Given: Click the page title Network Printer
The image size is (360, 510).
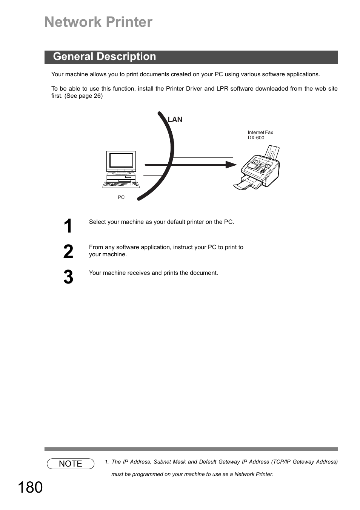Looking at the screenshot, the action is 98,22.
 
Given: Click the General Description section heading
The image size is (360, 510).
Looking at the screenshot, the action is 105,57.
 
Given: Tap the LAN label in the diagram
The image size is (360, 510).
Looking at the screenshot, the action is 175,120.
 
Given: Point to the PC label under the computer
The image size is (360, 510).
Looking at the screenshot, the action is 121,197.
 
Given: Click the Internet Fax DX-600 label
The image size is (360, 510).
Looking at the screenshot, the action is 260,135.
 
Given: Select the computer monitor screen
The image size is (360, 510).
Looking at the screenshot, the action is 121,160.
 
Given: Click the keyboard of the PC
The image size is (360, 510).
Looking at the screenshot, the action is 121,185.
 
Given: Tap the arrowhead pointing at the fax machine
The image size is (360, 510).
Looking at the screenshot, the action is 231,165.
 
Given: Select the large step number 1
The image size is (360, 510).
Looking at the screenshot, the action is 68,226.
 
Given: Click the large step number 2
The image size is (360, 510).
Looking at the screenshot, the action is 68,252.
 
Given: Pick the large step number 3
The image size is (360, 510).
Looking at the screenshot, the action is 68,277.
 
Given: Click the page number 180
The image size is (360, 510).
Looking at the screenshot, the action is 30,488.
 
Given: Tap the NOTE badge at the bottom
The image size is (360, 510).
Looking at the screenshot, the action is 71,464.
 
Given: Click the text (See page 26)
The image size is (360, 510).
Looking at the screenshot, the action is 83,96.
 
